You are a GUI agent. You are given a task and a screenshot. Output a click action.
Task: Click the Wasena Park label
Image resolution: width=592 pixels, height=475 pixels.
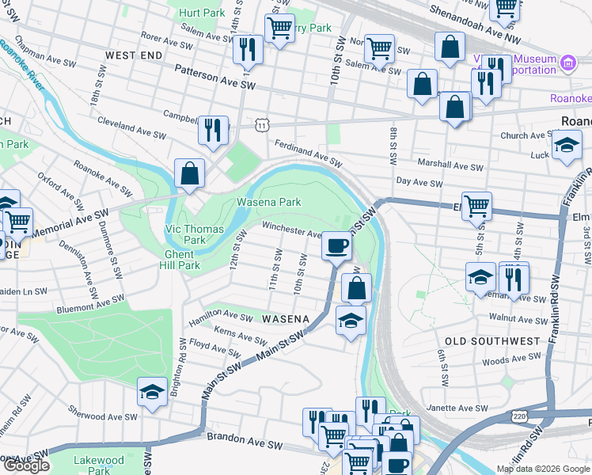(x=269, y=203)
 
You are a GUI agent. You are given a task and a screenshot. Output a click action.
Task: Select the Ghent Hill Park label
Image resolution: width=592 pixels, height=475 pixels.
(x=182, y=260)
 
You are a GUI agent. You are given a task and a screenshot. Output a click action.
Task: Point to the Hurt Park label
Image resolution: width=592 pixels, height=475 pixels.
(x=202, y=13)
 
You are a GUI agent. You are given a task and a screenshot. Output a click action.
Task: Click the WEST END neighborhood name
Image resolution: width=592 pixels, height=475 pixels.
(x=134, y=55)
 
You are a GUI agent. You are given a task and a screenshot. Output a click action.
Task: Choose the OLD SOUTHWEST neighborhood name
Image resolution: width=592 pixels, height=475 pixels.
(x=491, y=341)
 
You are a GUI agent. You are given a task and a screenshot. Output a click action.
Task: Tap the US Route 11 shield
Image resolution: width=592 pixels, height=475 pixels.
(x=261, y=125)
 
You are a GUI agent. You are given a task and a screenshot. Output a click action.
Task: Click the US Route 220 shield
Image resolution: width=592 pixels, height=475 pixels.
(x=519, y=416)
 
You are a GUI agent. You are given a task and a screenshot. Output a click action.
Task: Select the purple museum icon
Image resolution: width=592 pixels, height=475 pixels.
(x=567, y=63)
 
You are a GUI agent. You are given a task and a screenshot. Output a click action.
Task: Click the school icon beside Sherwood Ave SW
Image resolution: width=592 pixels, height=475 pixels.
(x=151, y=392)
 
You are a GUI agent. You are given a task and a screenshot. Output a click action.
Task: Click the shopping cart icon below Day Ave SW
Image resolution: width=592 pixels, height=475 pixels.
(x=476, y=207)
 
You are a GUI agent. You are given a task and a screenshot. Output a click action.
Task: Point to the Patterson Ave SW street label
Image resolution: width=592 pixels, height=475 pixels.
(x=216, y=80)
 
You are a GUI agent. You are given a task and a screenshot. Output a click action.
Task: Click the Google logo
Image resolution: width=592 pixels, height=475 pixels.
(x=26, y=465)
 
